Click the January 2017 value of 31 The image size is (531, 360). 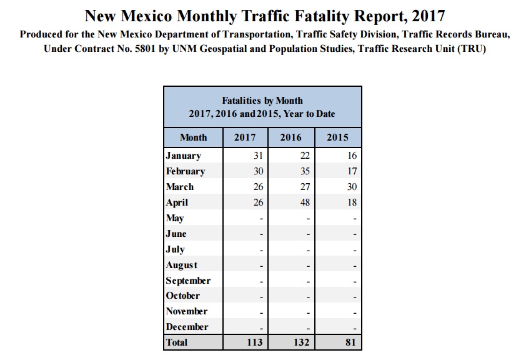(258, 156)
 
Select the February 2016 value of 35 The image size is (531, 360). (304, 171)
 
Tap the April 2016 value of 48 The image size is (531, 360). (304, 202)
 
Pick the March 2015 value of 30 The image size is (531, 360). (351, 187)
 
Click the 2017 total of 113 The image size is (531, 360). (255, 342)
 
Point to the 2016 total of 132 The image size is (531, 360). (302, 342)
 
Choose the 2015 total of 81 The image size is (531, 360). (350, 342)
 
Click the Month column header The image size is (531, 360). (193, 137)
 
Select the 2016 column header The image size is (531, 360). (290, 137)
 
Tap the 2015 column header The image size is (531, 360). (337, 137)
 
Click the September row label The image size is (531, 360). (188, 281)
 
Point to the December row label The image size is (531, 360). (187, 327)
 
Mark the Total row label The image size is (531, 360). (177, 342)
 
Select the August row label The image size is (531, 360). (181, 265)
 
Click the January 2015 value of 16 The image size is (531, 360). (351, 156)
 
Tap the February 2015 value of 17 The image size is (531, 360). (351, 171)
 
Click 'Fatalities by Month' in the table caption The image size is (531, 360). (262, 101)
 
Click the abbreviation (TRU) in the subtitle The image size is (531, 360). (471, 49)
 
